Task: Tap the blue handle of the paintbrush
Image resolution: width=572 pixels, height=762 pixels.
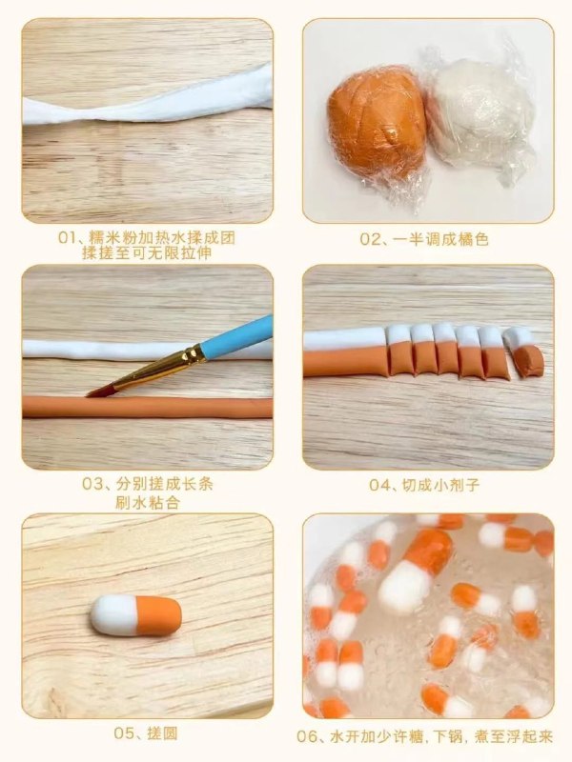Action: coord(236,337)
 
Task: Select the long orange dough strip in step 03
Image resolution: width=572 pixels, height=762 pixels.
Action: coord(148,408)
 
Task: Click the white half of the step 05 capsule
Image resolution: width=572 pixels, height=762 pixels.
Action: coord(114,615)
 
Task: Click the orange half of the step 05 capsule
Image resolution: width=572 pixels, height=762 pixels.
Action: coord(159,615)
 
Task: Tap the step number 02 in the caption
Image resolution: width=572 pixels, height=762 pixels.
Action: coord(369,240)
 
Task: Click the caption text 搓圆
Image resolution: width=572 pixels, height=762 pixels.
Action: coord(161,733)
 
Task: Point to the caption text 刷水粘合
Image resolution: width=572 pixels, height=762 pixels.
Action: coord(148,502)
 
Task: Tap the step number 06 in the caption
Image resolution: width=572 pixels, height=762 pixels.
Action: coord(307,736)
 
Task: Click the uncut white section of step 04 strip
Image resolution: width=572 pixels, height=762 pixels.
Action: coord(344,339)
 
